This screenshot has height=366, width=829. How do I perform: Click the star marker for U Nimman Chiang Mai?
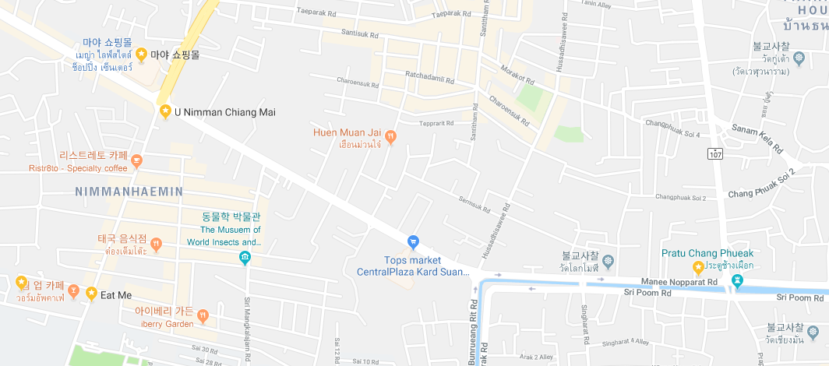(x=165, y=112)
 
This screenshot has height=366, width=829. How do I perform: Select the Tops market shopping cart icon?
(x=414, y=242)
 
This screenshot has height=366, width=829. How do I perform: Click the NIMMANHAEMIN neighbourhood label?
(x=129, y=191)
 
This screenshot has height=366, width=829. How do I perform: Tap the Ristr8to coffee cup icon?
(x=137, y=161)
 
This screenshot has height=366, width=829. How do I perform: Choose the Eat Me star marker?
(x=91, y=294)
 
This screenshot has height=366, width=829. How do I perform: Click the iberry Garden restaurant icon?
(x=203, y=316)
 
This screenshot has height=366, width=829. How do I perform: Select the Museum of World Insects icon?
(x=245, y=258)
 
